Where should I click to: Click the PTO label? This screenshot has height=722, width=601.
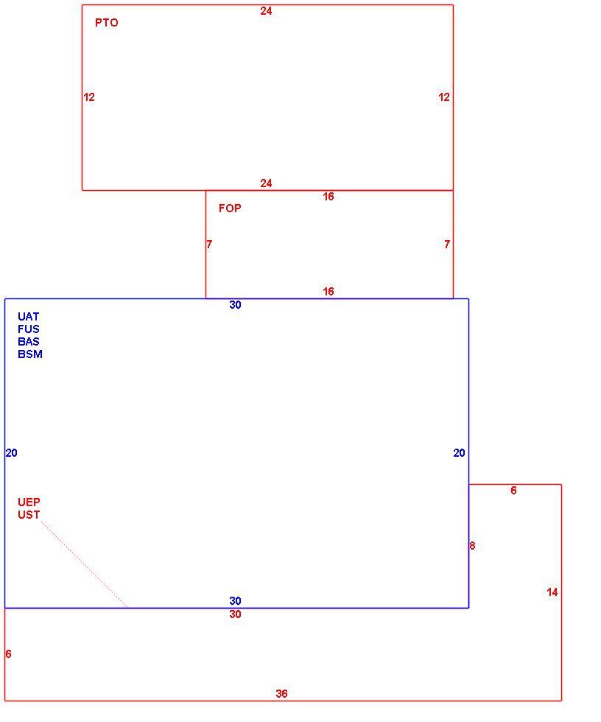(x=106, y=23)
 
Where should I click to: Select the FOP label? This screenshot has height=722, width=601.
(x=230, y=208)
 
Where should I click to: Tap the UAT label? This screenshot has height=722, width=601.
(x=29, y=316)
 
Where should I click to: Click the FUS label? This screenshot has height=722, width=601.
(x=29, y=329)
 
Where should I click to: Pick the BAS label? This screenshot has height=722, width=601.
(x=29, y=341)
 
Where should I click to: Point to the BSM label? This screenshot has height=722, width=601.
(x=30, y=354)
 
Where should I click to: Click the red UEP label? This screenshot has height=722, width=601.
(x=29, y=502)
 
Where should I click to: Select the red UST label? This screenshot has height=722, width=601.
(x=29, y=514)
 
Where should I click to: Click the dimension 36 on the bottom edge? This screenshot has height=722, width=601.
(x=281, y=693)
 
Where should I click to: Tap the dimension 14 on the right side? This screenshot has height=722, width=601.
(x=552, y=592)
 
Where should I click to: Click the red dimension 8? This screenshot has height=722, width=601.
(x=472, y=546)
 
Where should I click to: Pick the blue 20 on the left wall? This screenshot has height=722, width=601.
(x=12, y=453)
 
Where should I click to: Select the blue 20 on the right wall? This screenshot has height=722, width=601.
(x=460, y=453)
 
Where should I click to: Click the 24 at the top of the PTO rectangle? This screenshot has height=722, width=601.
(x=266, y=11)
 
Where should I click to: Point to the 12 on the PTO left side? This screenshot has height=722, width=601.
(x=89, y=97)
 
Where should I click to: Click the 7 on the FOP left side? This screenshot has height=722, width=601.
(x=209, y=244)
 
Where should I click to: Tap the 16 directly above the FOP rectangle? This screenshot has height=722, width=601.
(x=328, y=197)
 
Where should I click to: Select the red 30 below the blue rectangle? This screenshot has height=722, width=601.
(x=235, y=614)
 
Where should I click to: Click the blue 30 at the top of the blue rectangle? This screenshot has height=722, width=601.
(x=235, y=305)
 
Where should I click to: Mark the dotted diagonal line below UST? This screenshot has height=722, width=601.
(x=84, y=564)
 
